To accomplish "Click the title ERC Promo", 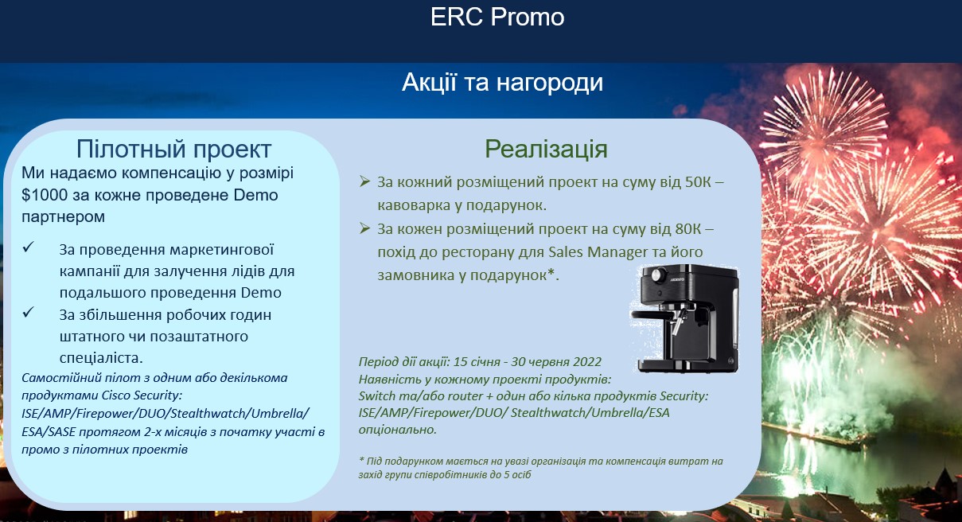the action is (497, 18).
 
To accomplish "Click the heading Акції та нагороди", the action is (502, 83).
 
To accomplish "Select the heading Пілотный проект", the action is (173, 150).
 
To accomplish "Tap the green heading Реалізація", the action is (546, 149).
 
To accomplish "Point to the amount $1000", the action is (45, 195).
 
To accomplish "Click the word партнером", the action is (63, 217).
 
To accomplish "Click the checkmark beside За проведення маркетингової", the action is (29, 247).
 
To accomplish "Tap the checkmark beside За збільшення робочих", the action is (29, 312).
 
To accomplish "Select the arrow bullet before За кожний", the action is (364, 181).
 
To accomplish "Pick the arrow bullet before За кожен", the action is (364, 228).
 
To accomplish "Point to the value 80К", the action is (688, 229).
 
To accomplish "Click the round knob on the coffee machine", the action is (658, 274).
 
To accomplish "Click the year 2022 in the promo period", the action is (587, 362).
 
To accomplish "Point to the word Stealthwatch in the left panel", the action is (208, 413).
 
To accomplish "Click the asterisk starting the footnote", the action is (361, 460).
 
